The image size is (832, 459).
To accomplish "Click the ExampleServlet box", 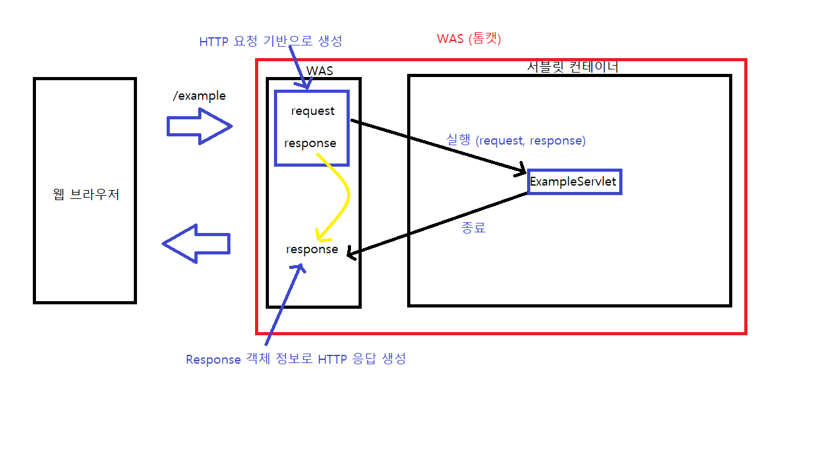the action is pyautogui.click(x=574, y=182).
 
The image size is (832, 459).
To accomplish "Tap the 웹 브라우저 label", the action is pyautogui.click(x=86, y=194).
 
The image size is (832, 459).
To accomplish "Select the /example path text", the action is pyautogui.click(x=199, y=96).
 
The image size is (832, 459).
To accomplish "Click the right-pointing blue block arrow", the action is pyautogui.click(x=199, y=126).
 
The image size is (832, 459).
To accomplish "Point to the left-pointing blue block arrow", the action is pyautogui.click(x=196, y=243).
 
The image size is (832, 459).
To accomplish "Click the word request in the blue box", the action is pyautogui.click(x=312, y=111).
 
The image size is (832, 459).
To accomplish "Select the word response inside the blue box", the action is pyautogui.click(x=310, y=143).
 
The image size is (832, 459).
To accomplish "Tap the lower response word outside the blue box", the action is pyautogui.click(x=312, y=249).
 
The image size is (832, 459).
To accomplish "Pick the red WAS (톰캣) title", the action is pyautogui.click(x=468, y=39).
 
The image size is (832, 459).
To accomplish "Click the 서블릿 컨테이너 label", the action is pyautogui.click(x=573, y=66).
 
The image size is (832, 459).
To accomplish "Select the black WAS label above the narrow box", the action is pyautogui.click(x=319, y=71).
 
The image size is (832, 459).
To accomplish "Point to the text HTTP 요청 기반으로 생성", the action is pyautogui.click(x=270, y=42).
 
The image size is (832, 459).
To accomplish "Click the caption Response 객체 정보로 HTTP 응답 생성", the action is pyautogui.click(x=295, y=359).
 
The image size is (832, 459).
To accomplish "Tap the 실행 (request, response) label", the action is pyautogui.click(x=516, y=141).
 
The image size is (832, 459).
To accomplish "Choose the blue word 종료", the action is pyautogui.click(x=473, y=228).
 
